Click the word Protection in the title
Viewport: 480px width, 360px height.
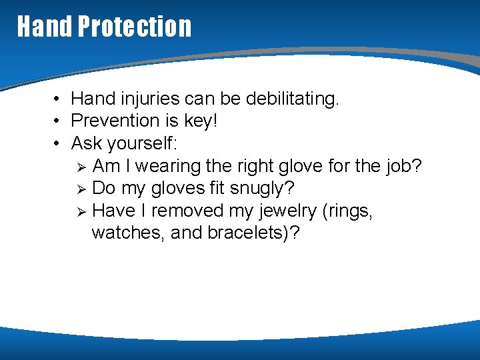pyautogui.click(x=135, y=27)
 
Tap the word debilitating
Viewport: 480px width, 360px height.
pyautogui.click(x=293, y=99)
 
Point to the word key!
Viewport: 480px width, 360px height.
pyautogui.click(x=200, y=121)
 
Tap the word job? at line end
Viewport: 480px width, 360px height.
pyautogui.click(x=404, y=166)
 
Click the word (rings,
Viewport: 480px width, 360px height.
pyautogui.click(x=348, y=211)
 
